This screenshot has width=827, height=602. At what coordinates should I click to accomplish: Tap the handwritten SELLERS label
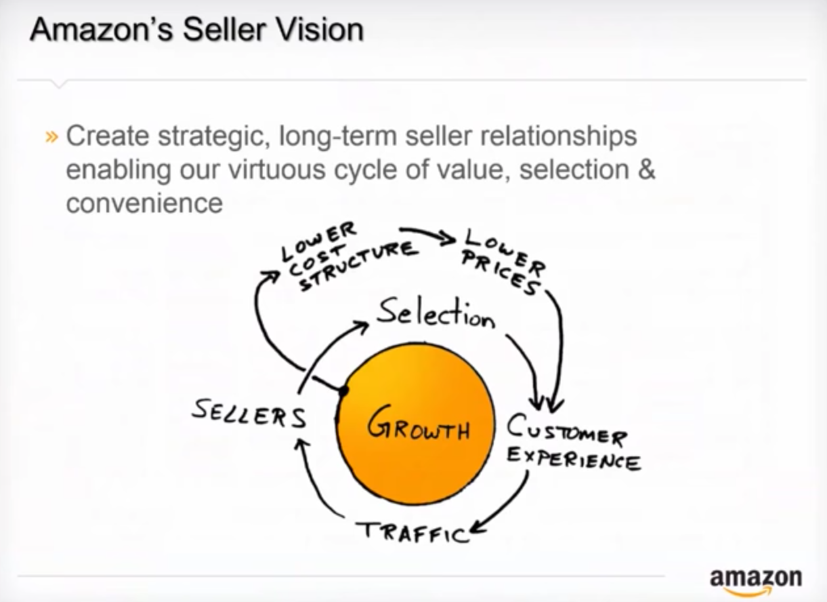249,413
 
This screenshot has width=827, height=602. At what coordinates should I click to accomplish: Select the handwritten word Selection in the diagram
435,315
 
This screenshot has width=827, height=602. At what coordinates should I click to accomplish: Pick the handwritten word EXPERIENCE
574,460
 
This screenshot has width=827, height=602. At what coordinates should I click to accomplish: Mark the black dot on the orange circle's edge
343,391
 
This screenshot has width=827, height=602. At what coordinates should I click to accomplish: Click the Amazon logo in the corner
755,579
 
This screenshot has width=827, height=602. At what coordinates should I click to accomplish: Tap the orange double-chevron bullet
52,137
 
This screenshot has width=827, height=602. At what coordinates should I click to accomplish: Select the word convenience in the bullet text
144,203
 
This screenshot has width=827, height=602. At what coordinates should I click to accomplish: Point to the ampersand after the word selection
646,169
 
